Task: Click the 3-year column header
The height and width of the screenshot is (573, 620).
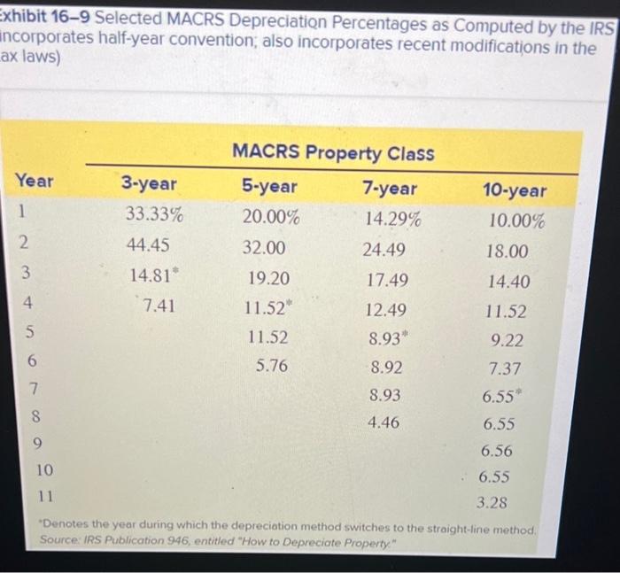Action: point(149,185)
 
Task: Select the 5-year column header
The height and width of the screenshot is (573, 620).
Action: point(269,187)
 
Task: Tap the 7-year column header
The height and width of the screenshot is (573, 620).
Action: point(391,189)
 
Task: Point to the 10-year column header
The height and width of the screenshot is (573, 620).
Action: point(515,190)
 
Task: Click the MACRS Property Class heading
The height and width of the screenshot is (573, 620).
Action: point(332,152)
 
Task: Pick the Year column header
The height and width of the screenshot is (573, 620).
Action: point(34,181)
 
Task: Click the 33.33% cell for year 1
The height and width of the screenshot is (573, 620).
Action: point(155,215)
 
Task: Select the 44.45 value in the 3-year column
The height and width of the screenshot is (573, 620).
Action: point(150,244)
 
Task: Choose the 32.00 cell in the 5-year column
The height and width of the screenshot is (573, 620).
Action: point(265,247)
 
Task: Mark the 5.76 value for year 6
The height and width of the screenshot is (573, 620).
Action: point(271,364)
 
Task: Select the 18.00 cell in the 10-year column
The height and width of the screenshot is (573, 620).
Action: point(508,252)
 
